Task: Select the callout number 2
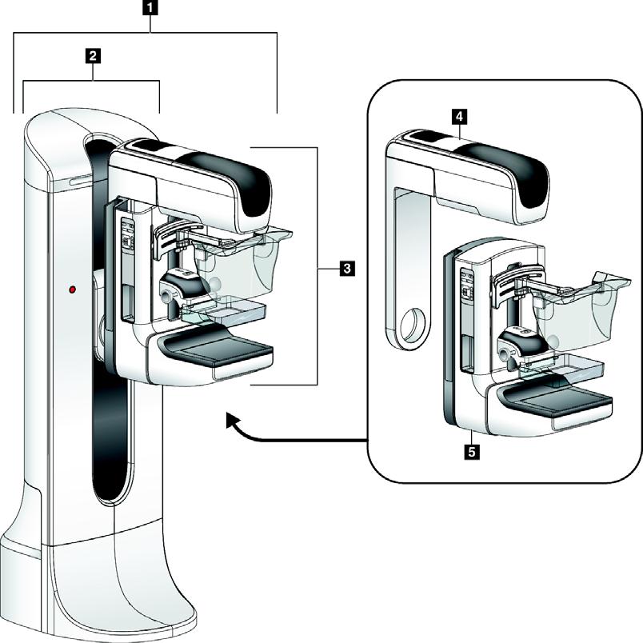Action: [x=94, y=56]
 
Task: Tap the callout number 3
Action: [x=346, y=269]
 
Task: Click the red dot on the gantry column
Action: [x=73, y=287]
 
